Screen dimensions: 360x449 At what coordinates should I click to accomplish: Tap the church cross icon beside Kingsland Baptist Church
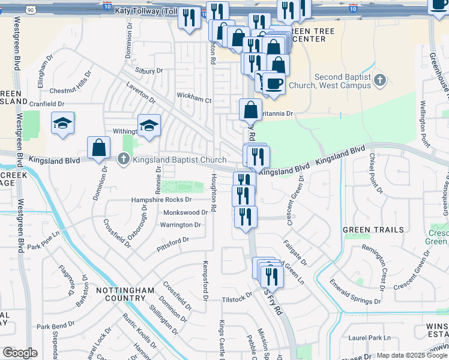(124, 159)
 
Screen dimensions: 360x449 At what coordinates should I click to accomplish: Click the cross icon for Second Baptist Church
(379, 80)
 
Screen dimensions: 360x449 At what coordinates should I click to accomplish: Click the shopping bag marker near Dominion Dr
(98, 147)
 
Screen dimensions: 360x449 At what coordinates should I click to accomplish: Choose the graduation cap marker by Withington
(149, 125)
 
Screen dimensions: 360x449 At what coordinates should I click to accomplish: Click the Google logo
(20, 353)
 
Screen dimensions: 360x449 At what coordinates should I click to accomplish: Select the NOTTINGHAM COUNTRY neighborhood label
(125, 294)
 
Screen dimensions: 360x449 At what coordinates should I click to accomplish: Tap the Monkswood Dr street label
(185, 212)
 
